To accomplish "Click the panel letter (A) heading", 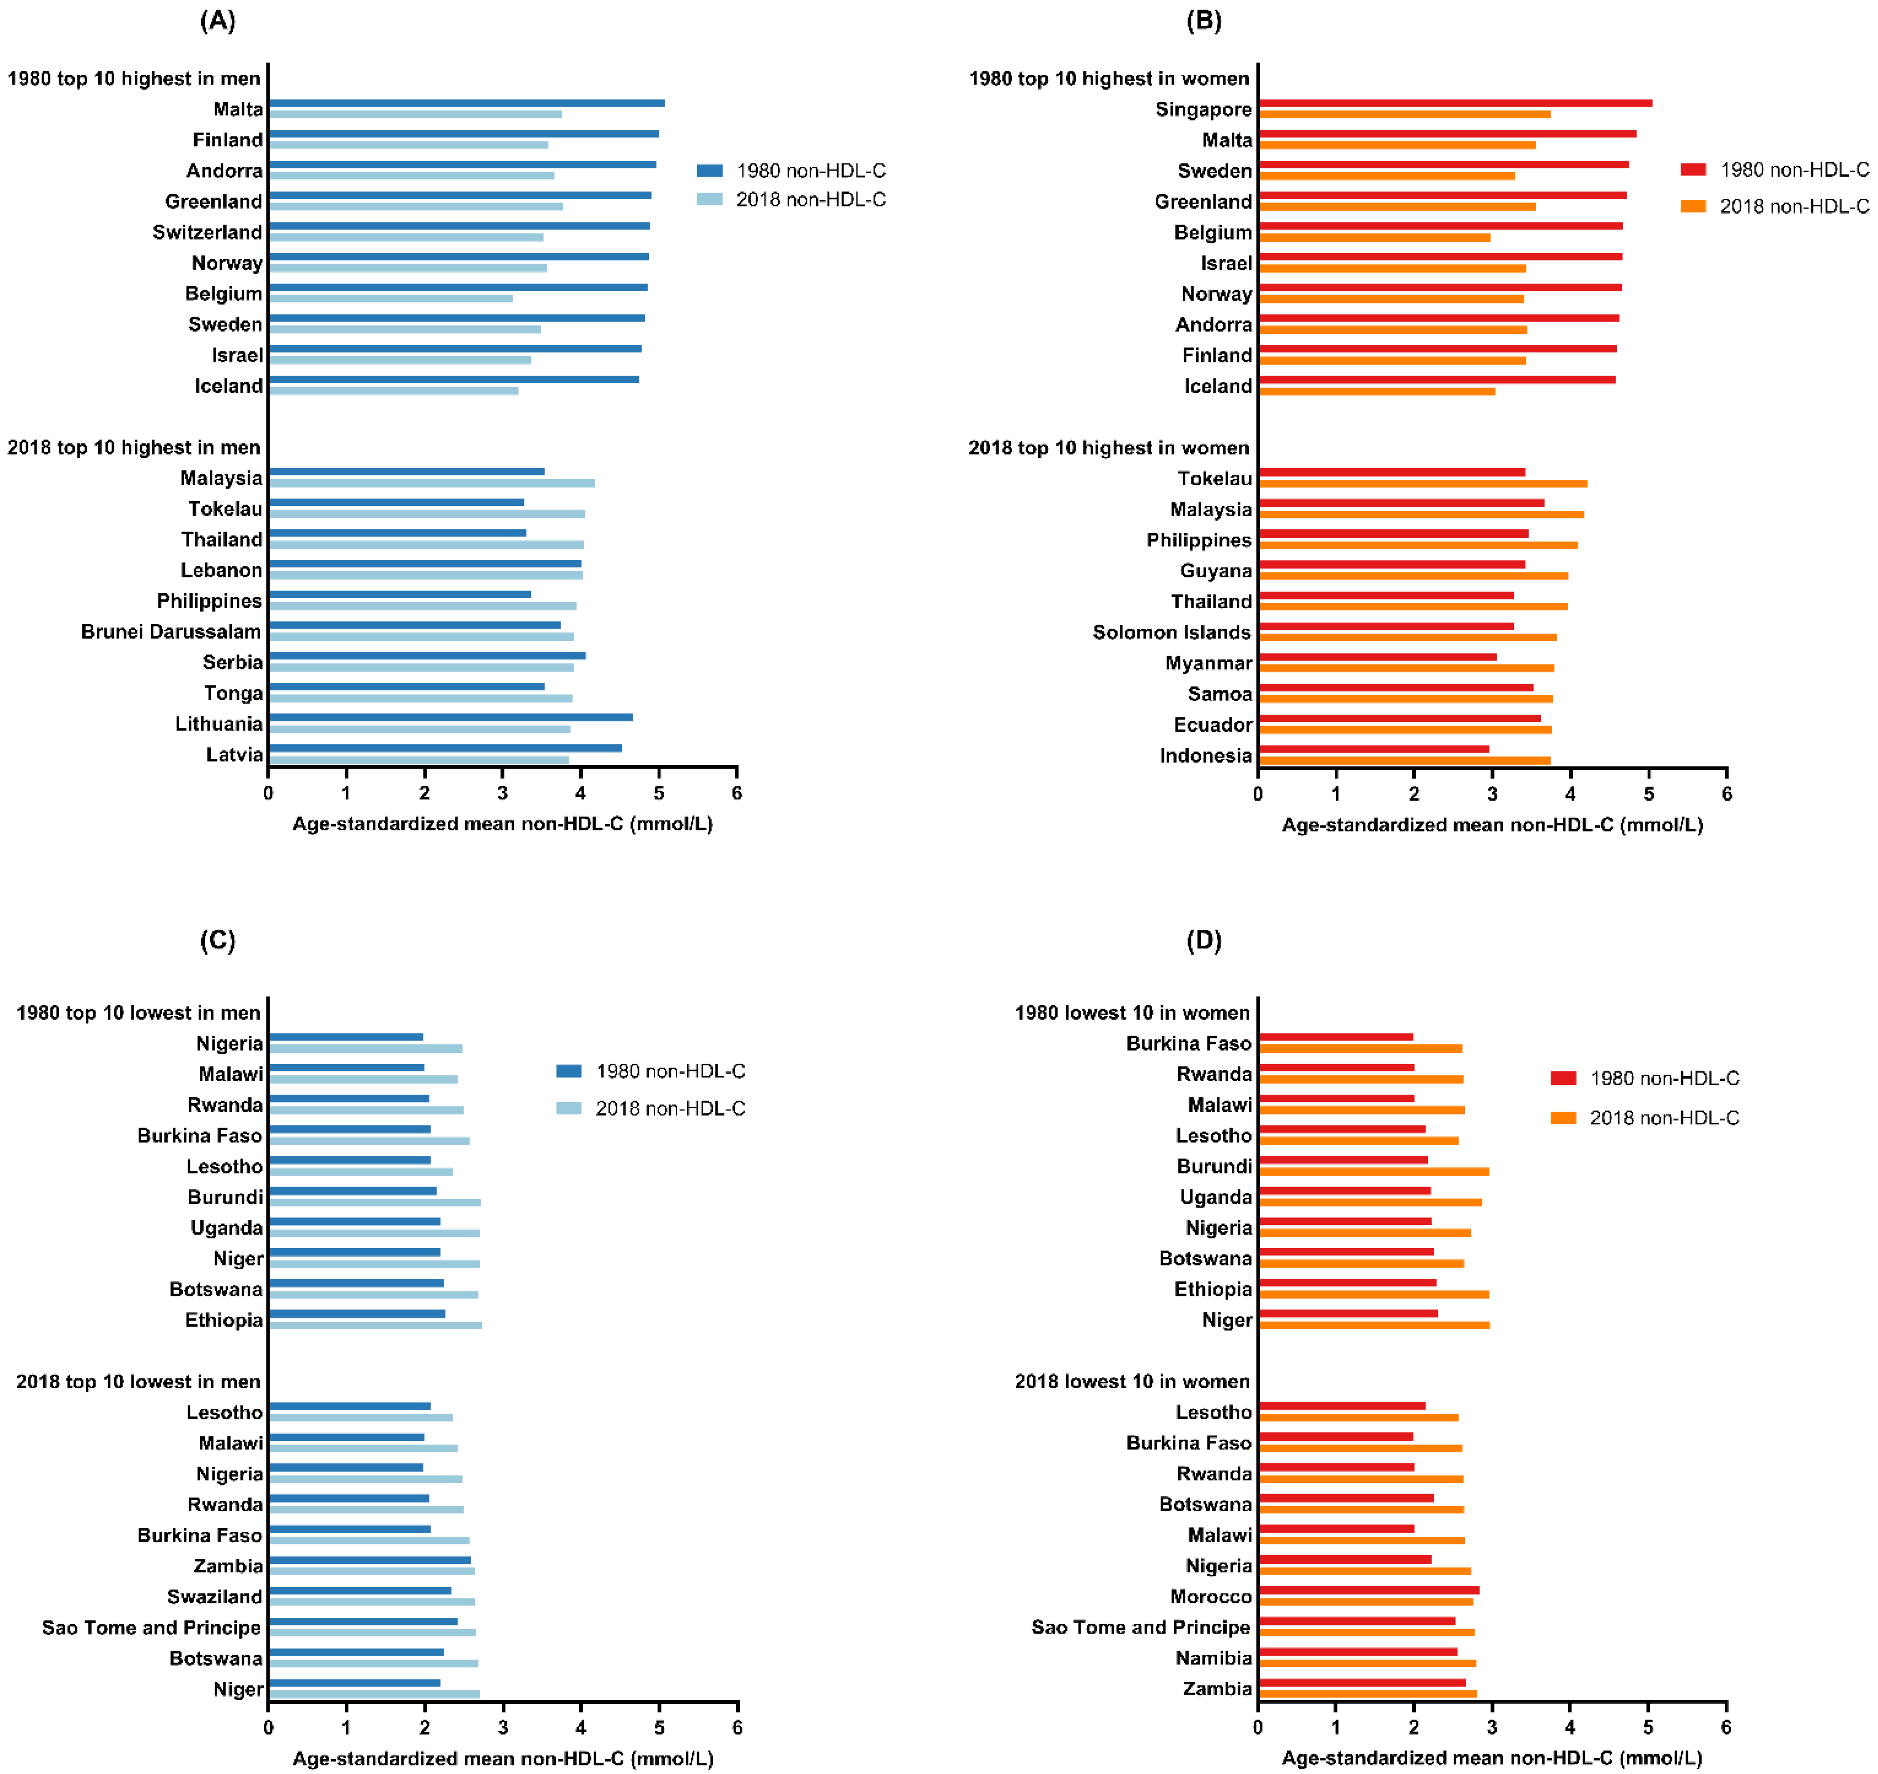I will tap(217, 21).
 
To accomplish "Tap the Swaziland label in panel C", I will tap(215, 1597).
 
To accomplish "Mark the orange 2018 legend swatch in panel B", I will tap(1693, 206).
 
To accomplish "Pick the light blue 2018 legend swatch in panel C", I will tap(568, 1108).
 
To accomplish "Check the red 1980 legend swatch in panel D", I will tap(1563, 1078).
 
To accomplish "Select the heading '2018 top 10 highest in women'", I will tap(1108, 448).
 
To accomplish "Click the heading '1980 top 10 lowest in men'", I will tap(138, 1013).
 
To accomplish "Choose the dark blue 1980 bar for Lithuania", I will tap(450, 717).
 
